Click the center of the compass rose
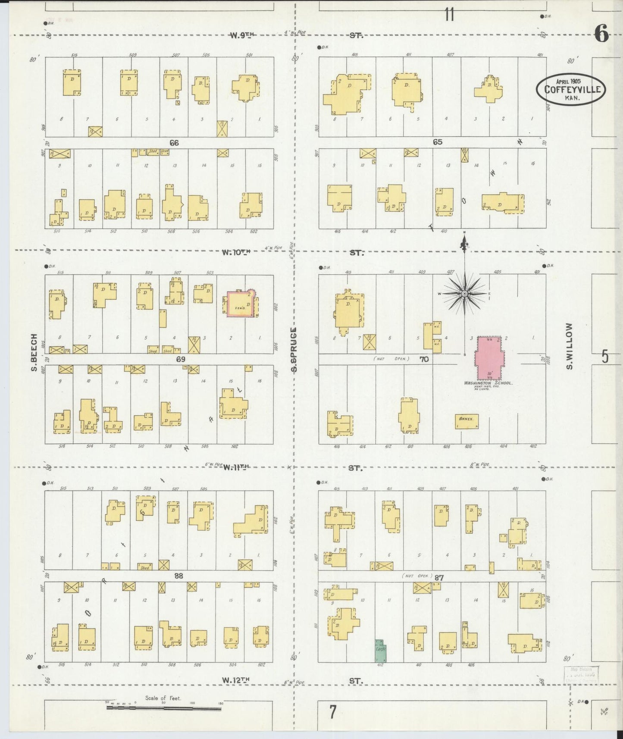(464, 294)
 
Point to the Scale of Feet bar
(164, 708)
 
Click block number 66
(174, 143)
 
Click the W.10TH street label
(236, 253)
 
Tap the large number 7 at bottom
(332, 712)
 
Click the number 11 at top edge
(449, 15)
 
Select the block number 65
(438, 142)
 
